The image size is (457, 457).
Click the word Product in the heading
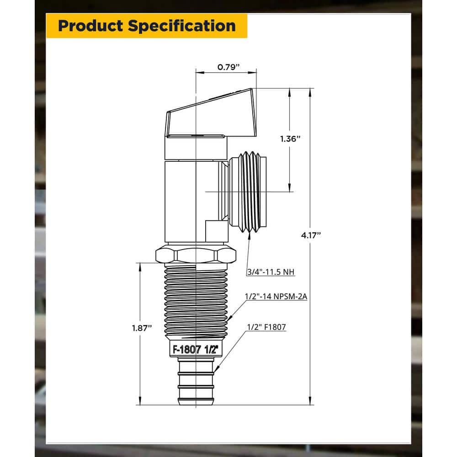90,26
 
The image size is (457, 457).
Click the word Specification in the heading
182,26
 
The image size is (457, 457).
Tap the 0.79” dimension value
228,67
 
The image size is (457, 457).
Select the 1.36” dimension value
290,139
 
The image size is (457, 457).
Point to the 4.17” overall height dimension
311,235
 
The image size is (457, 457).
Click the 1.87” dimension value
142,328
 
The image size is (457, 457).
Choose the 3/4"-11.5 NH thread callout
271,272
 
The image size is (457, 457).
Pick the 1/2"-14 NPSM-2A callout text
276,297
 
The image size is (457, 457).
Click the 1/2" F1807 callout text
266,327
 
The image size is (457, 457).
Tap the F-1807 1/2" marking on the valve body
196,350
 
